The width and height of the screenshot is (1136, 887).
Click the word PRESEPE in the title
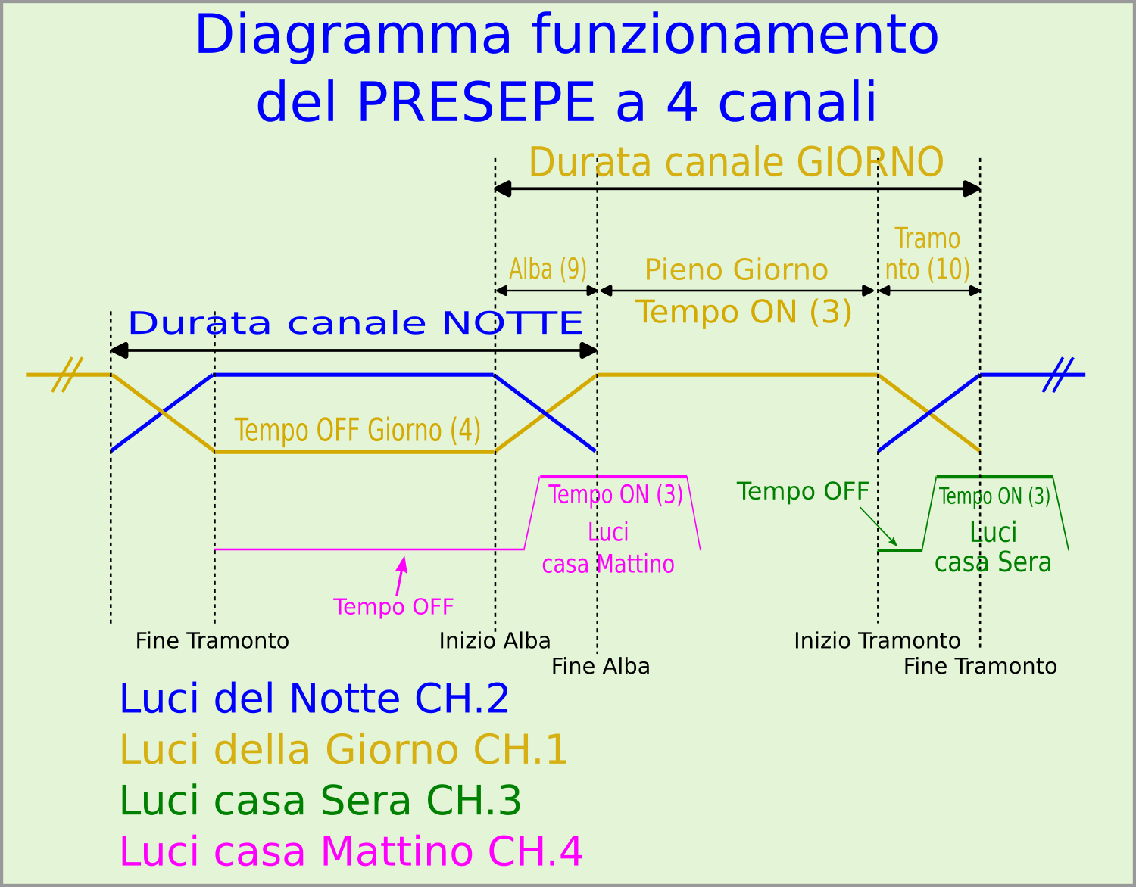tap(476, 103)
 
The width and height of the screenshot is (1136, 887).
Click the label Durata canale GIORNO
tap(735, 162)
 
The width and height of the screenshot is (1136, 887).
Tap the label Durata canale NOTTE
tap(355, 323)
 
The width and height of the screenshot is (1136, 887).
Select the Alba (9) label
tap(548, 269)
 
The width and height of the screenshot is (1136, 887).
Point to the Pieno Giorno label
tap(736, 270)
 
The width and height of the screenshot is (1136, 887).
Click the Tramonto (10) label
tap(927, 254)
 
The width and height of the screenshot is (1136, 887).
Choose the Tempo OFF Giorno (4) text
tap(357, 430)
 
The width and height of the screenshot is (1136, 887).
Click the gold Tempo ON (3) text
tap(743, 312)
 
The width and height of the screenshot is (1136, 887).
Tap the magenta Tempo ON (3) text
tap(616, 494)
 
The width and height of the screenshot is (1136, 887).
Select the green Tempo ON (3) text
tap(994, 496)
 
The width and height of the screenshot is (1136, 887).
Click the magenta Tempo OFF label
tap(393, 607)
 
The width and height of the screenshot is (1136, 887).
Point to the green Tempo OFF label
tap(803, 491)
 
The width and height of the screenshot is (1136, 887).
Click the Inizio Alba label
tap(495, 641)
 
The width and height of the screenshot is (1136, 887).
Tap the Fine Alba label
tap(601, 667)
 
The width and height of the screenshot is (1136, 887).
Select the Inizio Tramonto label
tap(877, 641)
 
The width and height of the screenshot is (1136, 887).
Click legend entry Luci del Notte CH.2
tap(314, 699)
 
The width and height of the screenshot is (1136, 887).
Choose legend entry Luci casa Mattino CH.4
tap(351, 851)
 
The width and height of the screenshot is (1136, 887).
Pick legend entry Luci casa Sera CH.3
tap(320, 801)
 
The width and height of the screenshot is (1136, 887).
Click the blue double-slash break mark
tap(1057, 375)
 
